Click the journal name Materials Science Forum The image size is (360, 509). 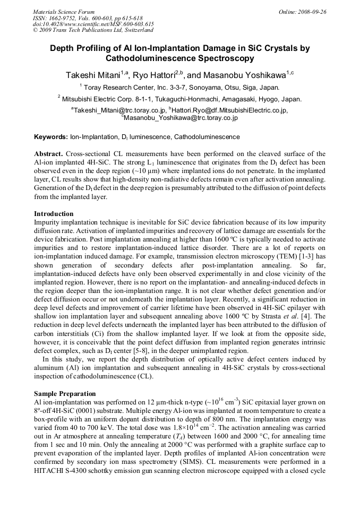(64, 12)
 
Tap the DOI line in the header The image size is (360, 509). (93, 24)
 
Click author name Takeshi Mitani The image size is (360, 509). (95, 74)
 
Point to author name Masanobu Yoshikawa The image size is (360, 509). (244, 74)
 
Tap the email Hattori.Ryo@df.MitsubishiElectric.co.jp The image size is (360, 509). (229, 110)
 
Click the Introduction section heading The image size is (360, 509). (54, 214)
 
